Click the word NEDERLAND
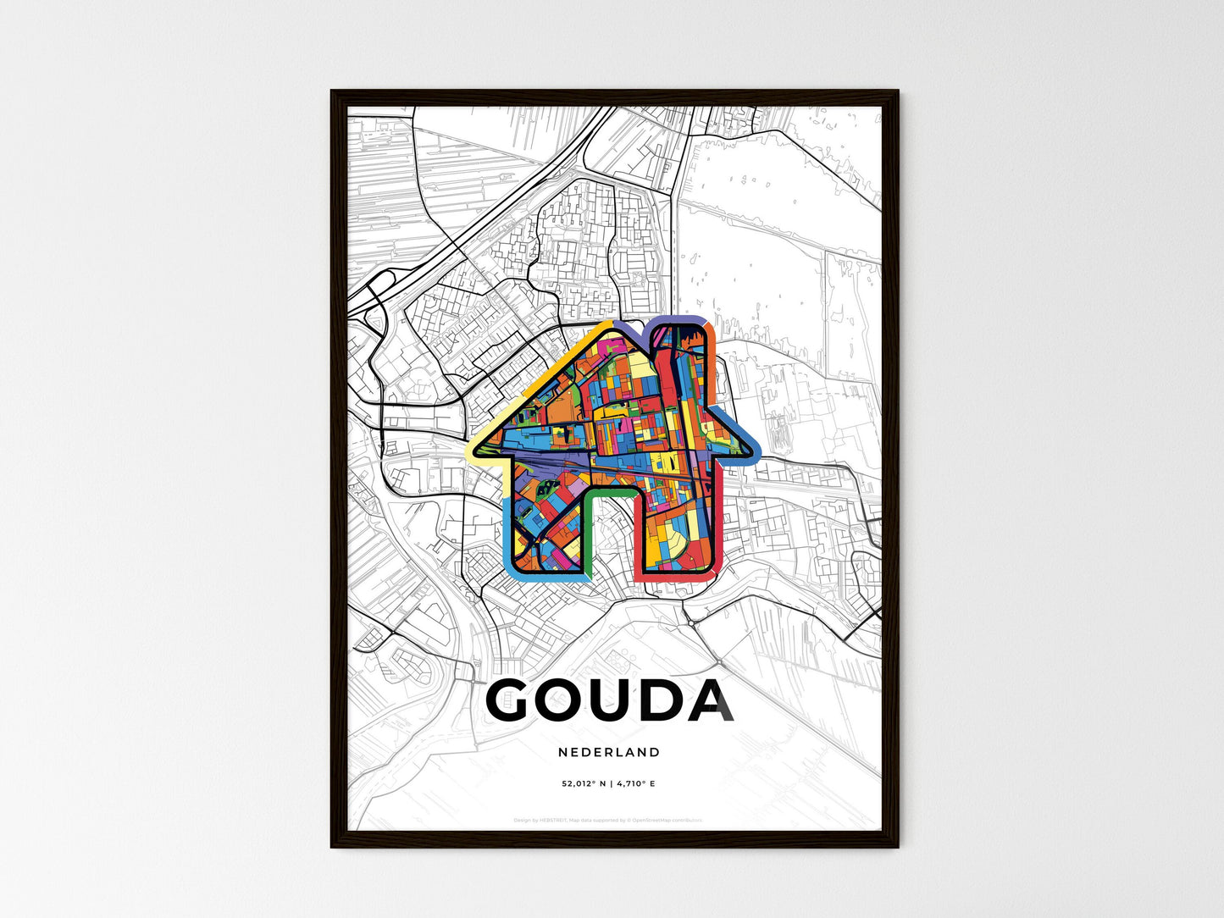coord(609,752)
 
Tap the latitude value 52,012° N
coord(584,784)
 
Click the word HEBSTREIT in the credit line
coord(552,821)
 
